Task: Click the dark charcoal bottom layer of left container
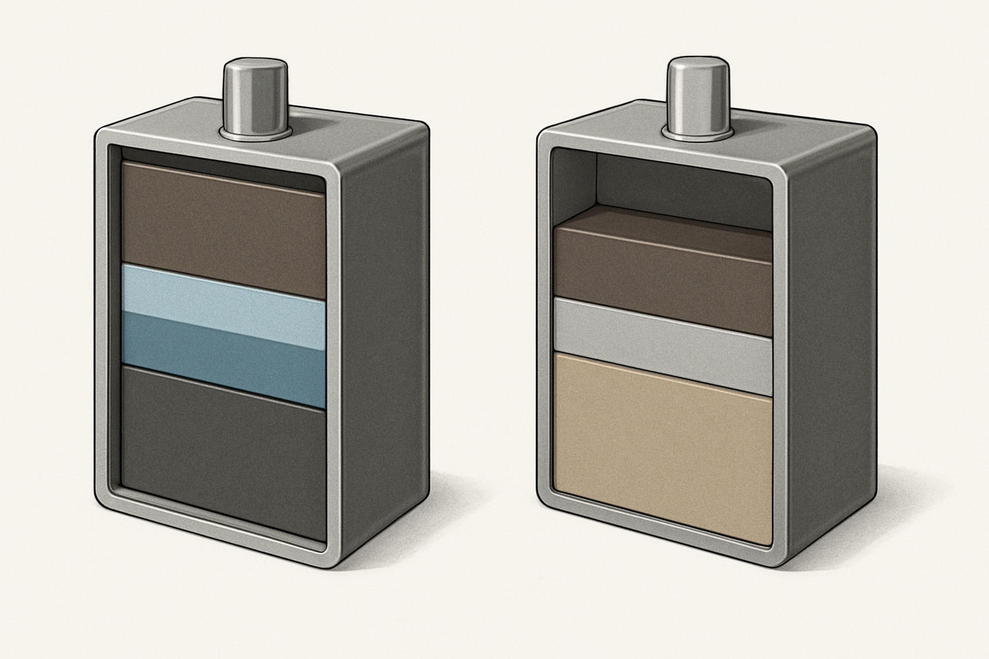coord(224,455)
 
